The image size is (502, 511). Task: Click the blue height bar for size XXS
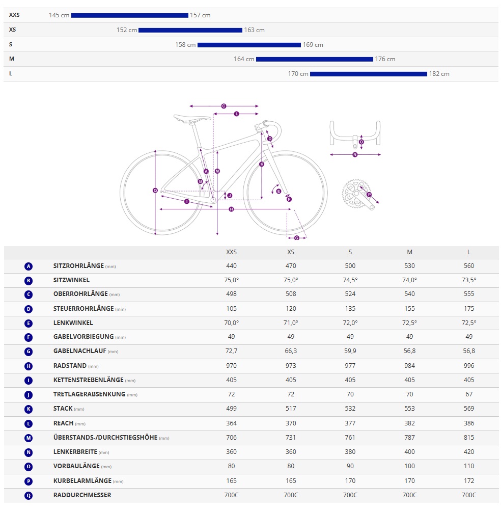click(x=129, y=15)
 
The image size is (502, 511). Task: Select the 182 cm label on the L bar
click(x=439, y=74)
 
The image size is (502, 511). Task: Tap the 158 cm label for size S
click(x=185, y=45)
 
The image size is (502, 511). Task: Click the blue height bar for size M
click(x=314, y=59)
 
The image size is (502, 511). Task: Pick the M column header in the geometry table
click(x=410, y=252)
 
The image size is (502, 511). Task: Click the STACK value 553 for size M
click(x=410, y=409)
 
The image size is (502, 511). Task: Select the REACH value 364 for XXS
click(x=231, y=423)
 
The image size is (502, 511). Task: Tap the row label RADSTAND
click(x=70, y=366)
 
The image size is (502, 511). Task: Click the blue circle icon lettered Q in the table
click(x=29, y=495)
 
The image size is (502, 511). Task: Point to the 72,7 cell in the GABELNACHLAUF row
click(x=231, y=351)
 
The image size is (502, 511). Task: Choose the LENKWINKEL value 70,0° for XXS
click(x=231, y=322)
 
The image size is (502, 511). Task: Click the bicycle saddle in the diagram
click(x=191, y=118)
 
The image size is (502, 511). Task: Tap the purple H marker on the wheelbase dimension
click(x=231, y=209)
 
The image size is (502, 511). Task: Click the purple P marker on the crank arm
click(x=369, y=194)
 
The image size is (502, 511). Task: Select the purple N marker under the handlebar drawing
click(x=355, y=154)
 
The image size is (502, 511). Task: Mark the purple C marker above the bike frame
click(x=224, y=106)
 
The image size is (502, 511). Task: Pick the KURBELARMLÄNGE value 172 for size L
click(x=469, y=480)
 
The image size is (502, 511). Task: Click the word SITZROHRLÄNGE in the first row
click(x=78, y=266)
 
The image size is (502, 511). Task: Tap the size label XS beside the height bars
click(x=13, y=30)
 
